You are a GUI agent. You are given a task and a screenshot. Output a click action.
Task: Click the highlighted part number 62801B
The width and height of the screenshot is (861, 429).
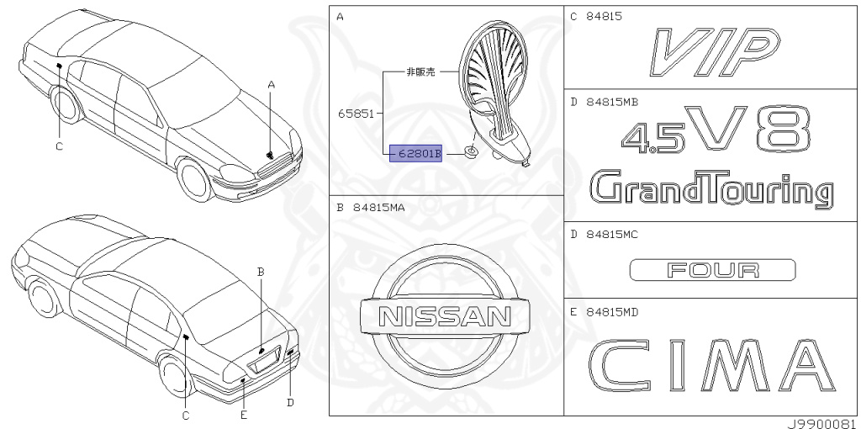coord(415,154)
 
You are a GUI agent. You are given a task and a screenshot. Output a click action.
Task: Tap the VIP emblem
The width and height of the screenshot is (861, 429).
coord(713,48)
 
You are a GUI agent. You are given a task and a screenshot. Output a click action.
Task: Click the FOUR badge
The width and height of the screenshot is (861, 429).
coord(712,270)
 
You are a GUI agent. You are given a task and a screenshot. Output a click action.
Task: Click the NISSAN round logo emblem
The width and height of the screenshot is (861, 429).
coord(445,315)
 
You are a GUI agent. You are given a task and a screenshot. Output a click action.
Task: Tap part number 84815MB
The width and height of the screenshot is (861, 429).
coord(611,101)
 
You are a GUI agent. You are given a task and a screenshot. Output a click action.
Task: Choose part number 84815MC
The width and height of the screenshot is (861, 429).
coord(611,235)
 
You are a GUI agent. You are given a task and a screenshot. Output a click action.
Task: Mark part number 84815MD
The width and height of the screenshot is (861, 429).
coord(611,313)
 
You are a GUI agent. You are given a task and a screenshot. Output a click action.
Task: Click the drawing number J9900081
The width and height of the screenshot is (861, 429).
coord(821,423)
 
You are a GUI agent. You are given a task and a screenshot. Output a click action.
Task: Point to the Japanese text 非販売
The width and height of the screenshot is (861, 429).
coord(420,72)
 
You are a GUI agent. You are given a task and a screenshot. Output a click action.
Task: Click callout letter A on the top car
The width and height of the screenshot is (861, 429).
coord(272,84)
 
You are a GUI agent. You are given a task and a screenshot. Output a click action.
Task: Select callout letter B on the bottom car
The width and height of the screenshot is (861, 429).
coord(261,272)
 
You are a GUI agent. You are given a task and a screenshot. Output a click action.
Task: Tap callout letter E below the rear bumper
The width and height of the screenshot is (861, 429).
coord(243,414)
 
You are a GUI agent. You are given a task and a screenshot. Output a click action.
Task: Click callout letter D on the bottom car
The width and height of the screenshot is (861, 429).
coord(289,401)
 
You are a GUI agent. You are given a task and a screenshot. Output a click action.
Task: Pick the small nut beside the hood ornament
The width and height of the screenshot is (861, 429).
coord(472,153)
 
